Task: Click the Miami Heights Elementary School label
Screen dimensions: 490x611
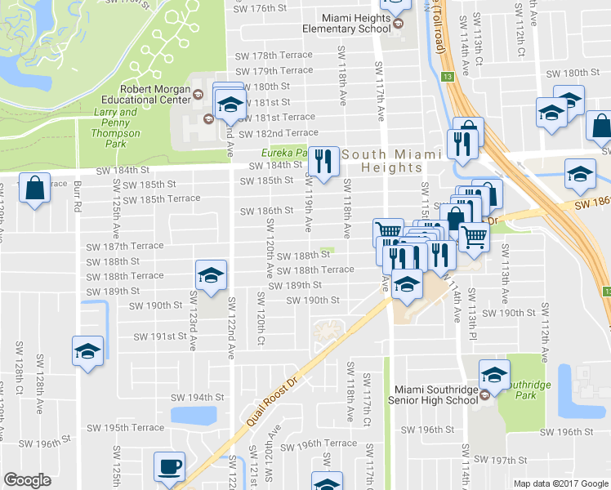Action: pyautogui.click(x=346, y=23)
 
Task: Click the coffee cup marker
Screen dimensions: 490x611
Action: pyautogui.click(x=170, y=467)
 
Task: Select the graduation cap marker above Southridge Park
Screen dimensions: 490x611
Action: pyautogui.click(x=494, y=374)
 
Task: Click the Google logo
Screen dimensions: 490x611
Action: pyautogui.click(x=27, y=480)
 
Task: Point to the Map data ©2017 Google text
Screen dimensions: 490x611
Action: pyautogui.click(x=560, y=483)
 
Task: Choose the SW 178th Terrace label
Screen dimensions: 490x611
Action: pyautogui.click(x=273, y=56)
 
